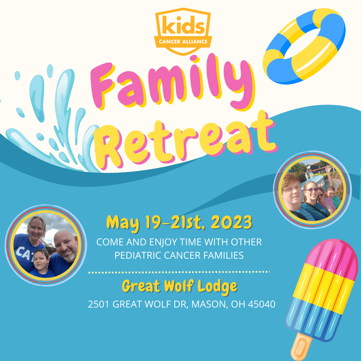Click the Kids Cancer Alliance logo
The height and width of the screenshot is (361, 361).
183,31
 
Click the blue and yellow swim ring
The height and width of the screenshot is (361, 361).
304,46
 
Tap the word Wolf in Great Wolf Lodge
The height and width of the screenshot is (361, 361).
178,286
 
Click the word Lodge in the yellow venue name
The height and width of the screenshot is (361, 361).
217,287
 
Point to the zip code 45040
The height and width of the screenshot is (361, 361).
261,304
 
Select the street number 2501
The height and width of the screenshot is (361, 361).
98,304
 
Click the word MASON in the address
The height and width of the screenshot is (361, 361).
209,305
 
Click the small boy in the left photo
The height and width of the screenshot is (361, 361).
41,264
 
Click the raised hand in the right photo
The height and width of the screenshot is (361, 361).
329,169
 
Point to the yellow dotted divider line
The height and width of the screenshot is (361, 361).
179,272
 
